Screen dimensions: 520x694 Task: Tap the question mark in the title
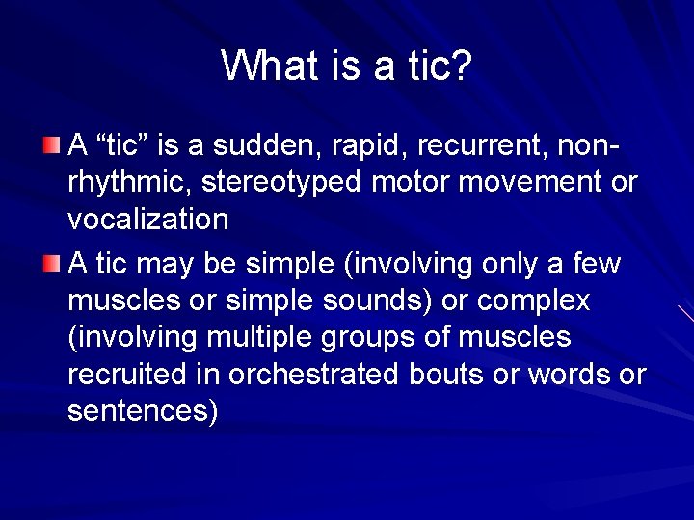[461, 65]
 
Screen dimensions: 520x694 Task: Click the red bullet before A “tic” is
[52, 146]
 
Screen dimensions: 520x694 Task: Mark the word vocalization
[147, 220]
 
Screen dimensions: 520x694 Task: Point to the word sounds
[380, 300]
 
